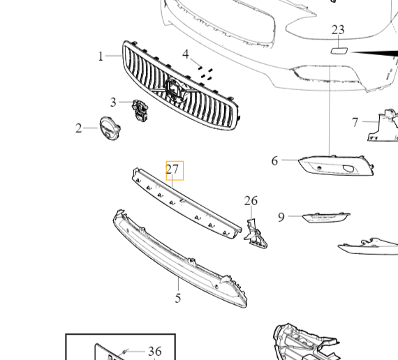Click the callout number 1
pos(101,56)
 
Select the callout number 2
pos(79,128)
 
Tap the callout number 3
pos(113,103)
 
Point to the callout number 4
pos(186,54)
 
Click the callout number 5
pos(178,298)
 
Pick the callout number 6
pos(274,161)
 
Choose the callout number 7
pos(355,123)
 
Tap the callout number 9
pos(281,217)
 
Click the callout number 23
pos(338,29)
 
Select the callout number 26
pos(251,201)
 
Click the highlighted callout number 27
pos(173,170)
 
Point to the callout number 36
pos(154,352)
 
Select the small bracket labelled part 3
pos(141,110)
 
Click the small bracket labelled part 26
pos(255,231)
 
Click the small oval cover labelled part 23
pos(339,50)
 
